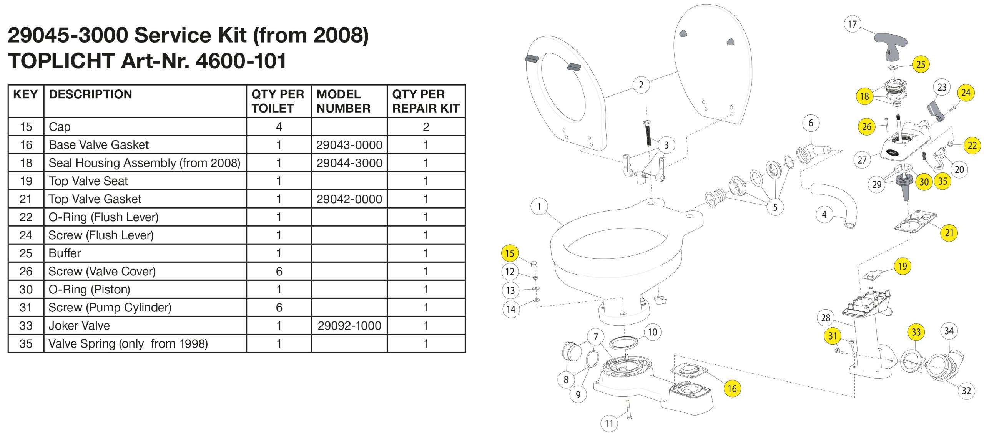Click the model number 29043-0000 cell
click(349, 145)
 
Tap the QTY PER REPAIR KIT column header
click(426, 101)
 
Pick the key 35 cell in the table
click(26, 343)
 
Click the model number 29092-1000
click(349, 326)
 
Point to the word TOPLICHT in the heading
click(61, 61)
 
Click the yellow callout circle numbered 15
click(510, 253)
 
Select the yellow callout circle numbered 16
click(732, 388)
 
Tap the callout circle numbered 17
click(852, 24)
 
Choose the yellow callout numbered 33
click(916, 332)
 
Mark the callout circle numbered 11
click(609, 424)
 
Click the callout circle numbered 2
click(641, 85)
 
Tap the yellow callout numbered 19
click(902, 266)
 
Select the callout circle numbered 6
click(811, 123)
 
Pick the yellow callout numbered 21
click(949, 233)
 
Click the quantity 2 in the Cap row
click(426, 127)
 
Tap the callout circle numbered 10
click(652, 332)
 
